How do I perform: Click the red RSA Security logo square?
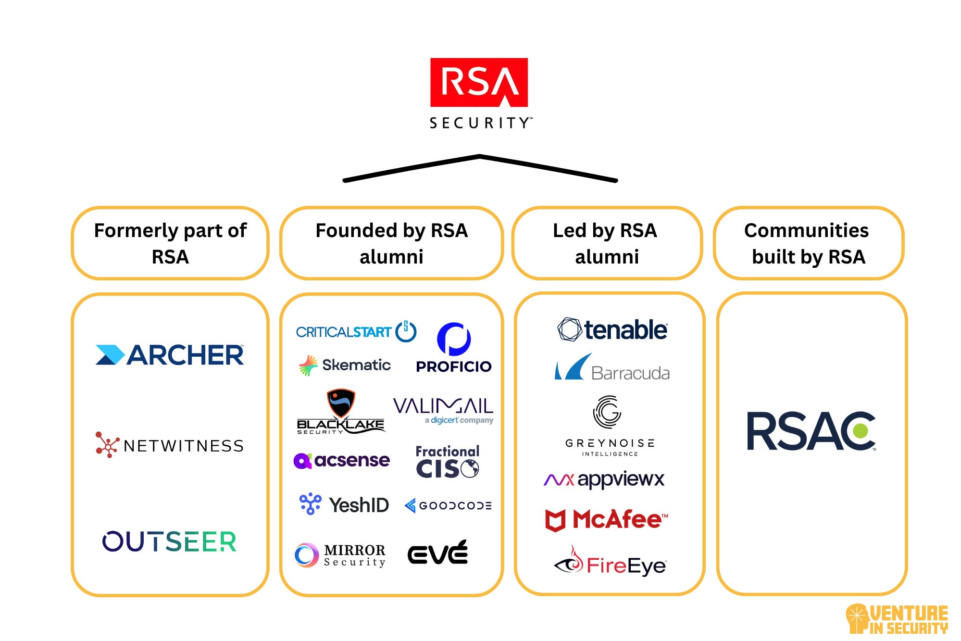pyautogui.click(x=479, y=82)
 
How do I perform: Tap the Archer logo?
pyautogui.click(x=170, y=355)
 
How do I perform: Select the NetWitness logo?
pyautogui.click(x=170, y=445)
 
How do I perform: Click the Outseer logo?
pyautogui.click(x=169, y=541)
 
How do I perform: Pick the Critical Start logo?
pyautogui.click(x=355, y=332)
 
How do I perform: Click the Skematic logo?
pyautogui.click(x=345, y=365)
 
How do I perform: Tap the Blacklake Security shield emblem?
pyautogui.click(x=341, y=402)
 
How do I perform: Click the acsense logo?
pyautogui.click(x=342, y=461)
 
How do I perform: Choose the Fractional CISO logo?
pyautogui.click(x=447, y=462)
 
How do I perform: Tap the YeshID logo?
pyautogui.click(x=344, y=505)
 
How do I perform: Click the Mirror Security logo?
pyautogui.click(x=340, y=555)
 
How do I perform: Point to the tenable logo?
pyautogui.click(x=612, y=330)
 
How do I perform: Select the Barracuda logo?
pyautogui.click(x=612, y=368)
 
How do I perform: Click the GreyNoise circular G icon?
pyautogui.click(x=607, y=412)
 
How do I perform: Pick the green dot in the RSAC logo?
pyautogui.click(x=861, y=430)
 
